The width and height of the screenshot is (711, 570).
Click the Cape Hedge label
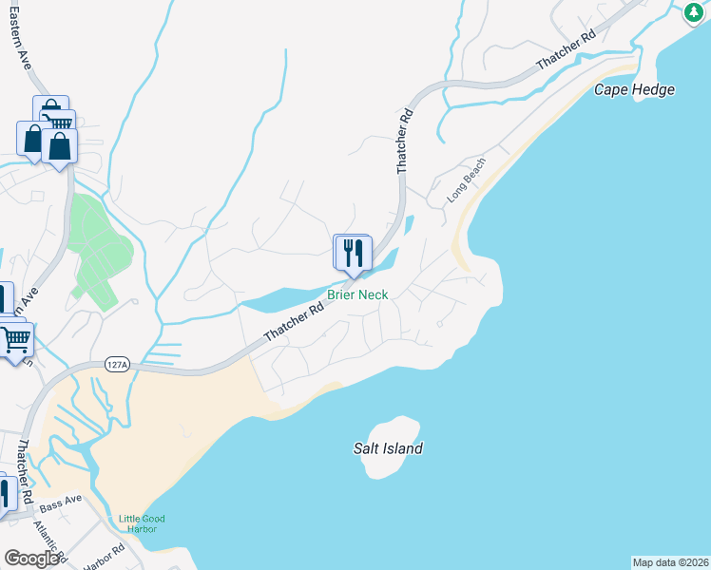pyautogui.click(x=634, y=89)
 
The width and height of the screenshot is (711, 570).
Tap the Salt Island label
pyautogui.click(x=388, y=448)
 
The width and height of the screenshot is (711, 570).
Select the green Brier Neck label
pyautogui.click(x=357, y=294)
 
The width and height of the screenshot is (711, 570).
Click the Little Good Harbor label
pyautogui.click(x=142, y=523)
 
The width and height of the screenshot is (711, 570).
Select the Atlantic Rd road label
pyautogui.click(x=49, y=539)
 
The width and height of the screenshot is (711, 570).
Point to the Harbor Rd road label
pyautogui.click(x=104, y=557)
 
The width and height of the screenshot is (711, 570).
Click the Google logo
pyautogui.click(x=32, y=559)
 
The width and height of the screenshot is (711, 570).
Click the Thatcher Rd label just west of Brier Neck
pyautogui.click(x=295, y=321)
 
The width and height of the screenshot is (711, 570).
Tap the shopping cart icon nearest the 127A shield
pyautogui.click(x=15, y=338)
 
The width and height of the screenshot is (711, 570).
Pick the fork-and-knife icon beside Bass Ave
pyautogui.click(x=4, y=494)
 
